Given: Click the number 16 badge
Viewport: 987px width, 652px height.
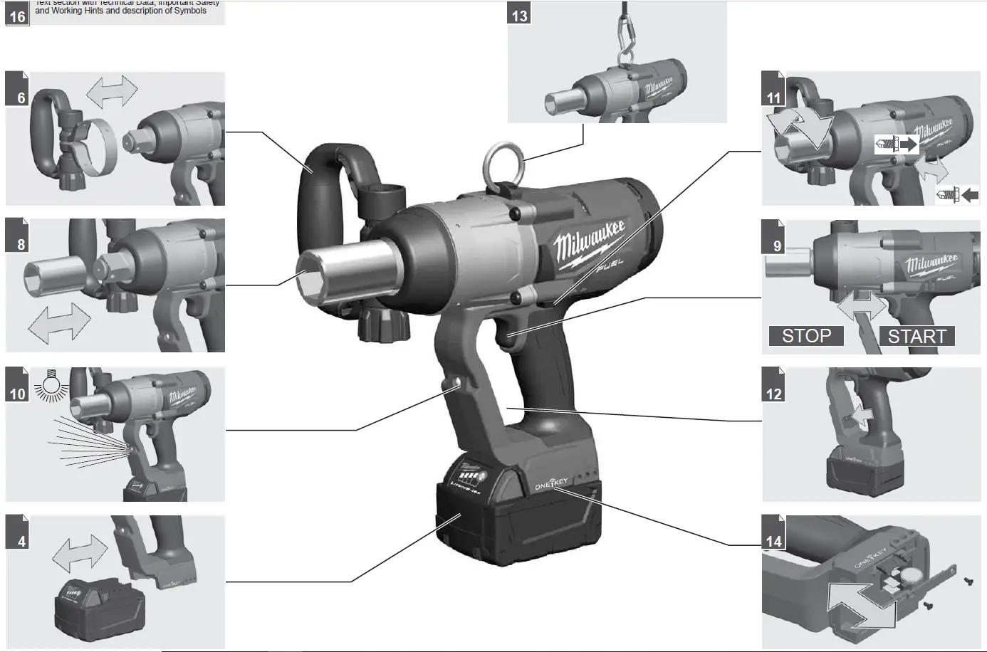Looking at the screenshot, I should click(x=17, y=14).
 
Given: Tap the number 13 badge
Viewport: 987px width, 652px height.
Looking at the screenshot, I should click(x=520, y=14).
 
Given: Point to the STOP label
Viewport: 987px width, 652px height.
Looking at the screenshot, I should click(x=806, y=336).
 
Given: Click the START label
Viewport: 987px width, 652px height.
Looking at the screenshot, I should click(x=916, y=336).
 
